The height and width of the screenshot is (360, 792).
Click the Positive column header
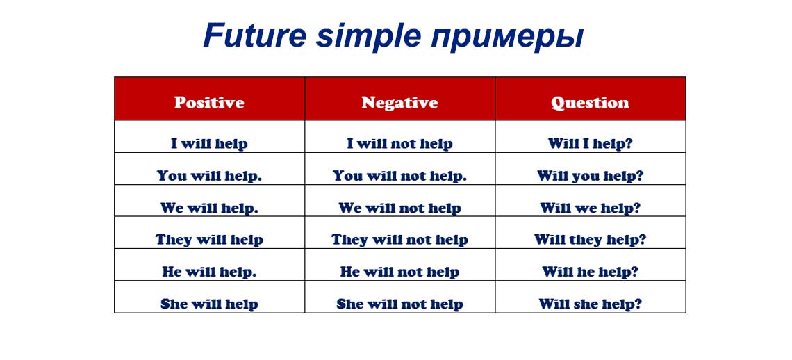point(209,103)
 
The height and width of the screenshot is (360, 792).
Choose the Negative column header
point(399,103)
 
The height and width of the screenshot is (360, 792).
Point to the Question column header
point(590,103)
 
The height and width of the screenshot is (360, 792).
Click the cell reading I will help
point(209,144)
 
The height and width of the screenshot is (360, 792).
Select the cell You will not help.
point(399,176)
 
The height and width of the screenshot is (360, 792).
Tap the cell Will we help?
point(590,208)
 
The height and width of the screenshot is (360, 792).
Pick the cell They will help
point(209,240)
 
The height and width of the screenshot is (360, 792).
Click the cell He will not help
point(399,272)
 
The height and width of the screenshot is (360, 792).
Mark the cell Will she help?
point(590,304)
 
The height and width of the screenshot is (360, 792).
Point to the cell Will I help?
point(590,144)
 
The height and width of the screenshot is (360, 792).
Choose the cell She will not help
point(399,304)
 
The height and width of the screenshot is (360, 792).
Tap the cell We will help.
point(209,208)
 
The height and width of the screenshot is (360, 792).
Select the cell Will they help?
point(590,240)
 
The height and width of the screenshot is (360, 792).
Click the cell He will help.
point(209,272)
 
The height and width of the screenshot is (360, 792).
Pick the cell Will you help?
point(590,176)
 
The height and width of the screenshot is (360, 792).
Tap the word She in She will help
point(174,304)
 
